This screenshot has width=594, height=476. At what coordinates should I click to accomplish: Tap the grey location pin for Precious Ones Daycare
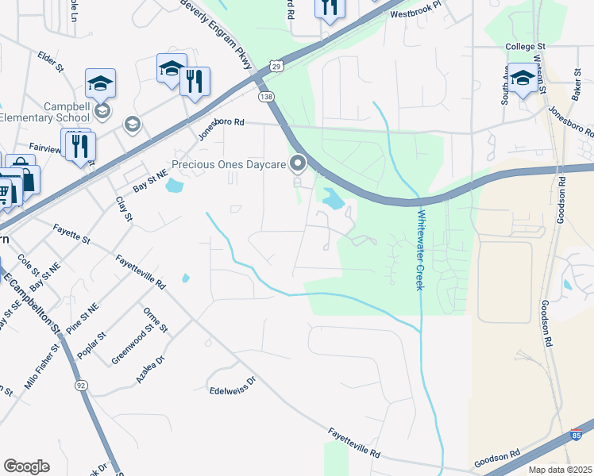(299, 164)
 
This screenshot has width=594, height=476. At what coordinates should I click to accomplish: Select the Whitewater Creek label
(420, 249)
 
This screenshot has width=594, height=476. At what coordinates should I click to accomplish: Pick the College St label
(526, 47)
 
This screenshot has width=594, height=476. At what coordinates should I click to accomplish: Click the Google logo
(26, 466)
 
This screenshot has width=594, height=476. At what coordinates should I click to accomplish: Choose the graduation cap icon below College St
(522, 79)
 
